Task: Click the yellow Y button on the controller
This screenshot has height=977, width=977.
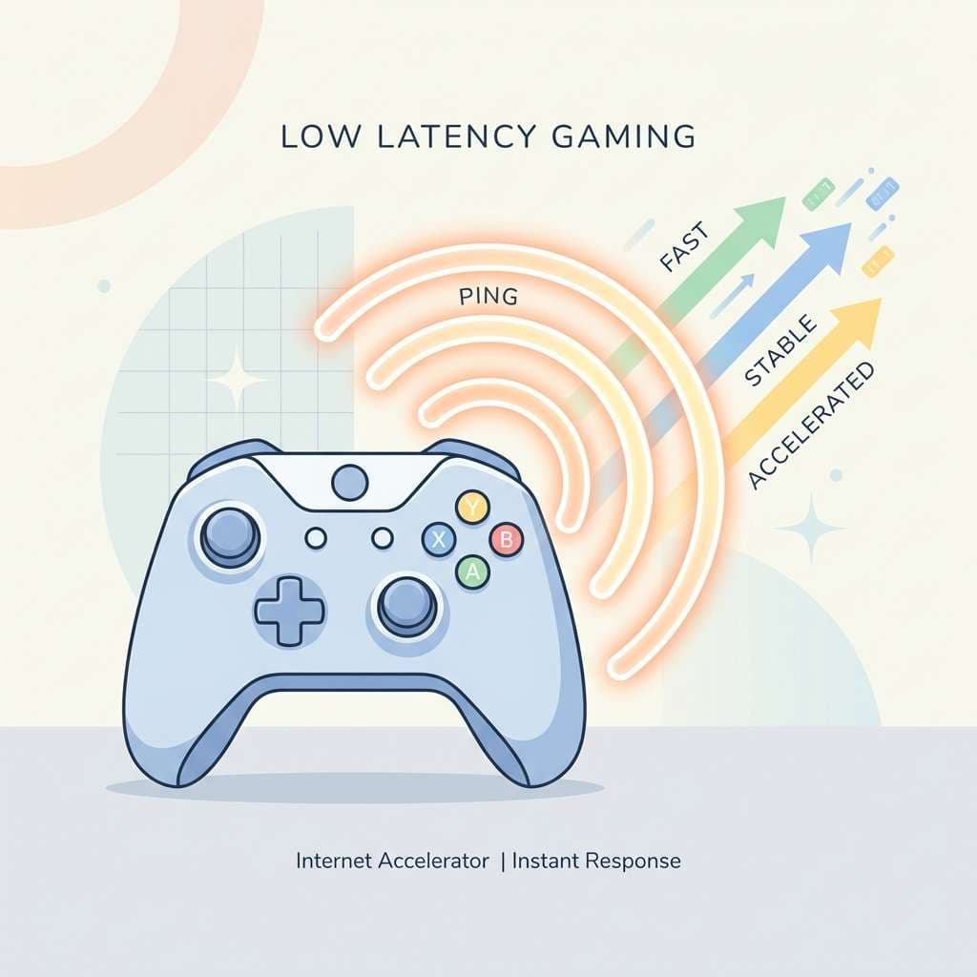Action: point(473,508)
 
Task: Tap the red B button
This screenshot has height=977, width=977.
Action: point(506,539)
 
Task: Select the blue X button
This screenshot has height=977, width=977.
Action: point(439,540)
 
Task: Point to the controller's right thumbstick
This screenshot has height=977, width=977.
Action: point(407,607)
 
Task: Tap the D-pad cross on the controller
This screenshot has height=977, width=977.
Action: point(290,611)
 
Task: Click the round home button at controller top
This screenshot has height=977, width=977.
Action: point(350,483)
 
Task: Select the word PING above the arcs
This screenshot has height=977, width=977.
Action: point(488,297)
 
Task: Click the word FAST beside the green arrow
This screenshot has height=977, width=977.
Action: point(684,247)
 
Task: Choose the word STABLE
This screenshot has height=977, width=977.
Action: point(780,351)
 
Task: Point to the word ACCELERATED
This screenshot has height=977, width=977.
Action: point(811,426)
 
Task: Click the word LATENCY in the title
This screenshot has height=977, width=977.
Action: point(456,136)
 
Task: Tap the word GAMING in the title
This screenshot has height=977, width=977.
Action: point(624,136)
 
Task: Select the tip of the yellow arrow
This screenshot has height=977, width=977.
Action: point(882,299)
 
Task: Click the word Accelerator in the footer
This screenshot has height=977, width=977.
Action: point(434,862)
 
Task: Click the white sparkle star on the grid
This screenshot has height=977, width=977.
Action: point(237,380)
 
